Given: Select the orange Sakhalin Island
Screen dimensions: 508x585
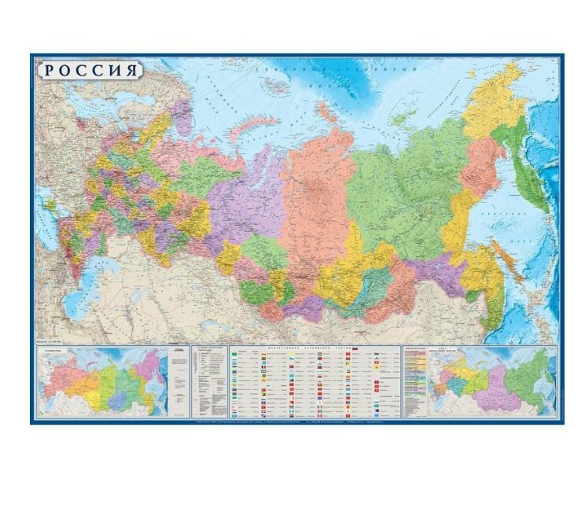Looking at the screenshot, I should click(x=504, y=260).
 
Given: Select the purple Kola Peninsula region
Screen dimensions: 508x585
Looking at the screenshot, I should click(x=182, y=115).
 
